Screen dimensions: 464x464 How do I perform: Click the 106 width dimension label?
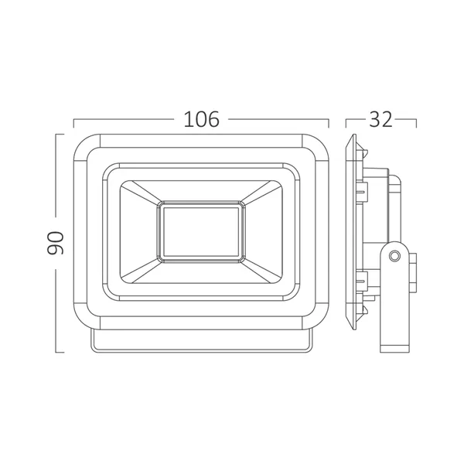(202, 119)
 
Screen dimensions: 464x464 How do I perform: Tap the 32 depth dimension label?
(380, 119)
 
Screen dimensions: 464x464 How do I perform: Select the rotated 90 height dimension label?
(56, 244)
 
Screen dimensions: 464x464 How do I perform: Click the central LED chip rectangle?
(201, 232)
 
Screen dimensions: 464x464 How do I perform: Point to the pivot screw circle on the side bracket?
(394, 255)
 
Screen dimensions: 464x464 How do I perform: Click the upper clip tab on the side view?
(363, 191)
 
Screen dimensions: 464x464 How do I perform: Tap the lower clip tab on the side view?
(363, 280)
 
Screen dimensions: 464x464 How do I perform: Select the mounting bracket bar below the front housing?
(201, 341)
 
